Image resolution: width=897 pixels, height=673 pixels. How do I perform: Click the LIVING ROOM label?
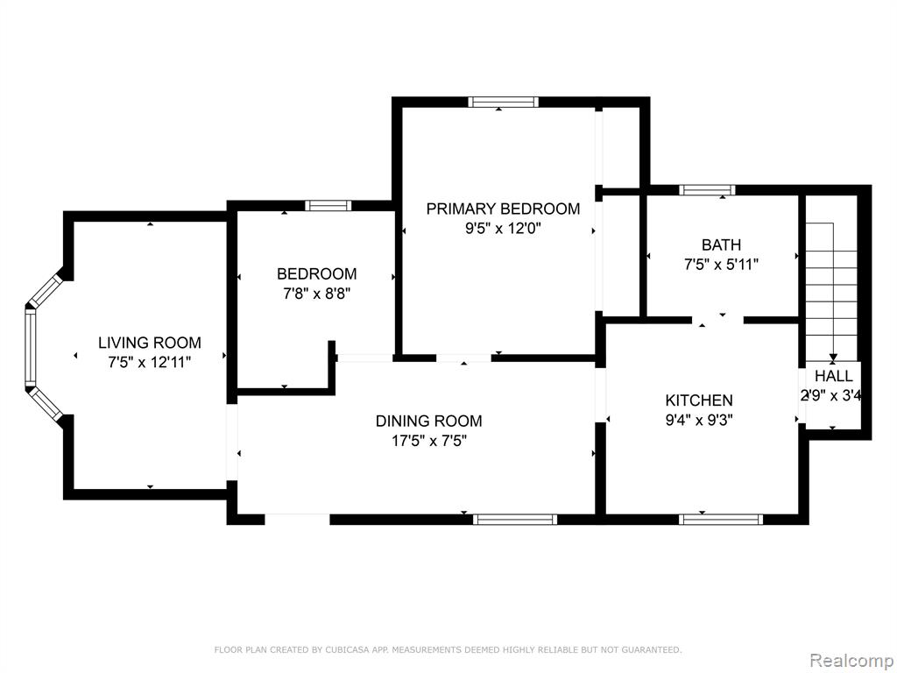coord(150,343)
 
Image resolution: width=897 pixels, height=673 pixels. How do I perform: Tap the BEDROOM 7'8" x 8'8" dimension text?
coord(316,294)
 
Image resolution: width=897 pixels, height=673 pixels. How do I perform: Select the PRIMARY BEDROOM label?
coord(503,209)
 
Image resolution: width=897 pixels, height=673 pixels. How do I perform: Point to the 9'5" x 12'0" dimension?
coord(503,229)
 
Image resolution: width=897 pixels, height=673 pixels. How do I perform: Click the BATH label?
coord(722,245)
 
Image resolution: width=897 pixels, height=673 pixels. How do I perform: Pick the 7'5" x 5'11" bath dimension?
coord(722,265)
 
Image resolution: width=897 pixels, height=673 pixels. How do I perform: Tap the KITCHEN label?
coord(699,400)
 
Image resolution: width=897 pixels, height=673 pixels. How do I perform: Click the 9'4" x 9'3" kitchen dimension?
coord(699,421)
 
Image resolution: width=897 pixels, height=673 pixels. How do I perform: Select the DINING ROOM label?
coord(429,422)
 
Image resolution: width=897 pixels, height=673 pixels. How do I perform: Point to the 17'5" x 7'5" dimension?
coord(429,442)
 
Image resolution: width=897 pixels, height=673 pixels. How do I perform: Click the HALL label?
coord(834,376)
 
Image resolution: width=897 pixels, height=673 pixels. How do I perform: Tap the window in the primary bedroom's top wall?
coord(504,103)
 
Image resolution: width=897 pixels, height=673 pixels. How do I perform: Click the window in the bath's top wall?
coord(707,190)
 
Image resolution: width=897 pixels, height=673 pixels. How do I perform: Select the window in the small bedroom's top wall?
coord(328,205)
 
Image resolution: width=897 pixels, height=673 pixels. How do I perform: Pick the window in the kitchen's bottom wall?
coord(721,520)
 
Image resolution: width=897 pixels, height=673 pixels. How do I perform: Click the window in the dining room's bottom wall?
coord(515,520)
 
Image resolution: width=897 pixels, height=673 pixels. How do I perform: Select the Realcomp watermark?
coord(851,661)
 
